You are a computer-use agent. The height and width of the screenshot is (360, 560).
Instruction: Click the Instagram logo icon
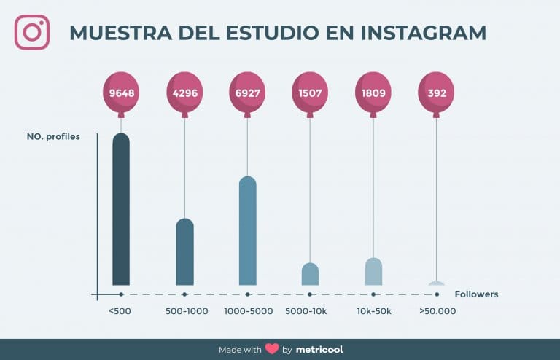click(x=32, y=33)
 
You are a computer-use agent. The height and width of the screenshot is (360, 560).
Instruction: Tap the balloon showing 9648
click(x=121, y=93)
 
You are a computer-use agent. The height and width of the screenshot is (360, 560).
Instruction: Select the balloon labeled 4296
click(x=184, y=93)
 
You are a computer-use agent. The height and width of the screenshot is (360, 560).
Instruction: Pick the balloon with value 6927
click(x=247, y=93)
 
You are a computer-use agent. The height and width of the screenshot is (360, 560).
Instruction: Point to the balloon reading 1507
click(x=310, y=93)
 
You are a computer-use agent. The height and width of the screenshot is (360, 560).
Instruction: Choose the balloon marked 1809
click(x=373, y=93)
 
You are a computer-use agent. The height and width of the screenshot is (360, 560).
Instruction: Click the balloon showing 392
click(x=436, y=93)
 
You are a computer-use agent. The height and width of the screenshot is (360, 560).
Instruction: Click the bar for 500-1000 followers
click(x=184, y=252)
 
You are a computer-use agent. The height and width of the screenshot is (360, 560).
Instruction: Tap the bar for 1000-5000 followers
click(x=247, y=231)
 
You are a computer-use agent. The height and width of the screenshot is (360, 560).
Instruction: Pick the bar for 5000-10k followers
click(x=310, y=274)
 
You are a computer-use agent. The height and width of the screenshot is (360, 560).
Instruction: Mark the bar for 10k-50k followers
click(x=373, y=272)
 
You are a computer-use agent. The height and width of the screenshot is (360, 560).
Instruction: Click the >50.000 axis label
click(x=437, y=311)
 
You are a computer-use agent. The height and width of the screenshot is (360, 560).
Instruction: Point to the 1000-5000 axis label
click(x=248, y=311)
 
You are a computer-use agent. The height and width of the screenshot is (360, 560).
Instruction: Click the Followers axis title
click(x=476, y=294)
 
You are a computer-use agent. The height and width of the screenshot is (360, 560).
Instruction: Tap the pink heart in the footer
click(x=272, y=349)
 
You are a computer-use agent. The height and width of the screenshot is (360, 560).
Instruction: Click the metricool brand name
click(x=319, y=349)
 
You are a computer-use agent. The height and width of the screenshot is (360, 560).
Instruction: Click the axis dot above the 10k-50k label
click(x=373, y=294)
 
